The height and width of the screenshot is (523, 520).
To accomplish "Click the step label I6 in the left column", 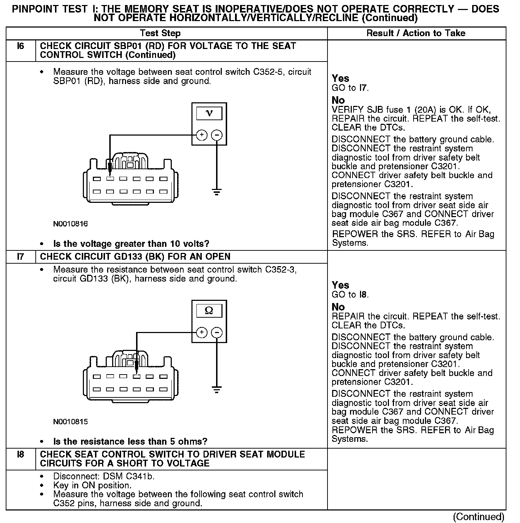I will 21,46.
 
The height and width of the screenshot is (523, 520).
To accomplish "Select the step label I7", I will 21,256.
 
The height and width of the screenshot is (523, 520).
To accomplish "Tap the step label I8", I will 21,454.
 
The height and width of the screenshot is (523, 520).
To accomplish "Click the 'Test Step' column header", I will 160,33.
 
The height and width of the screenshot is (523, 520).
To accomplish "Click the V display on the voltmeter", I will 209,113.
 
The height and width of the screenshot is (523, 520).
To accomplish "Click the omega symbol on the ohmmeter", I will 209,311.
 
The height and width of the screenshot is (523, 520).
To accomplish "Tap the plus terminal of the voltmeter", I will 202,135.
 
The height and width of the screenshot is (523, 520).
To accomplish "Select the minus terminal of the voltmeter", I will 217,135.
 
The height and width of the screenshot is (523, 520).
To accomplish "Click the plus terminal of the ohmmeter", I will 202,332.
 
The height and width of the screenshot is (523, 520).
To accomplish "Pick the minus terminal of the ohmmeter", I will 217,332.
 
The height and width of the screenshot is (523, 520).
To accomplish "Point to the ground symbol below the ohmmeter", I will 216,389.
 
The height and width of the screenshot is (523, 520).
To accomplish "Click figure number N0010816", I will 70,224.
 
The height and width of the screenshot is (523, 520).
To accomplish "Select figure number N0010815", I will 70,421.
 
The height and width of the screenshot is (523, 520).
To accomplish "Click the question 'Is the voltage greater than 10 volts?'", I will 131,244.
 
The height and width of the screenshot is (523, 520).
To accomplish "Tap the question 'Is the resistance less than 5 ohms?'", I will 130,441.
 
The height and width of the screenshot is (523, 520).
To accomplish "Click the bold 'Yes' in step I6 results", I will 340,78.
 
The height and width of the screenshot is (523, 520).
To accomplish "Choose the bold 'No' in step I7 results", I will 338,307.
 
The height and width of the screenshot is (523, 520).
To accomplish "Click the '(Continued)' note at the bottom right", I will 478,517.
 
